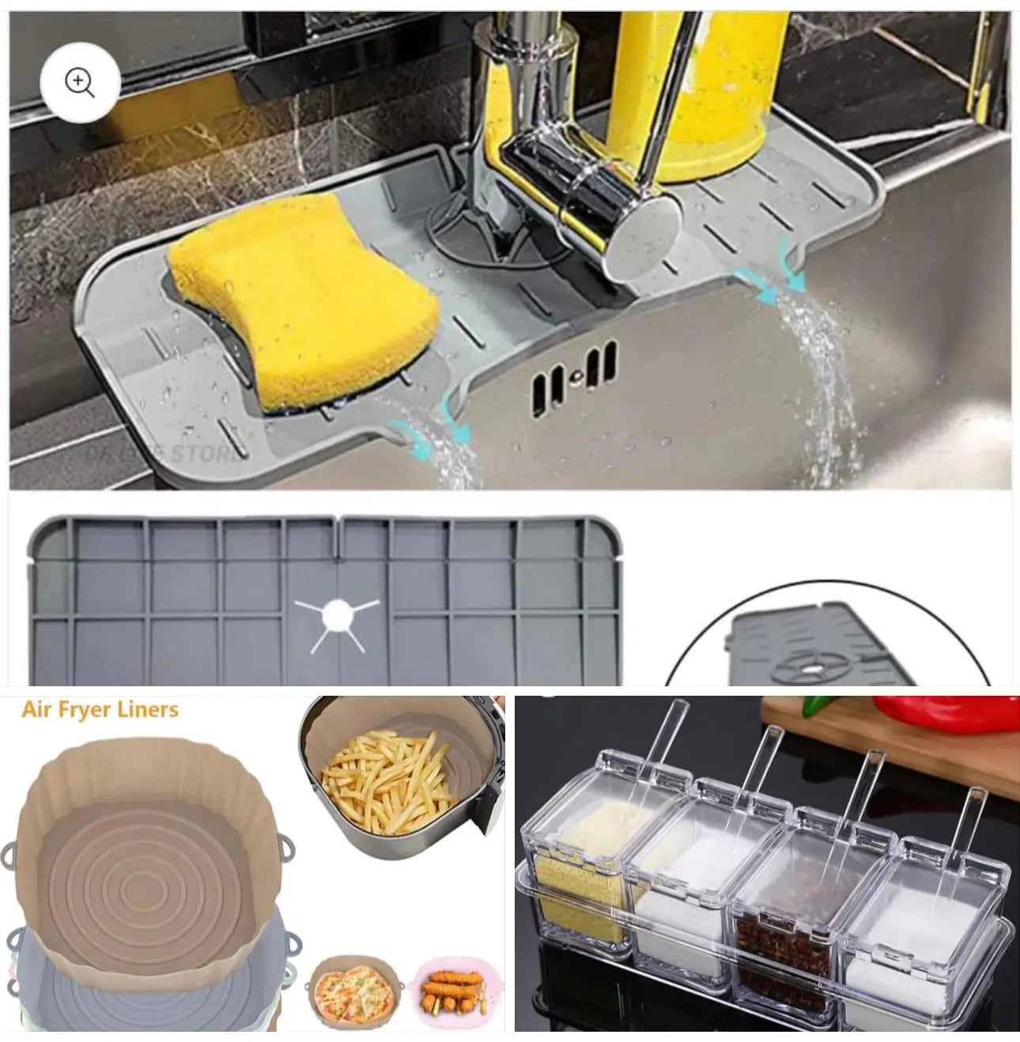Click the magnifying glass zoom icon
tap(80, 82)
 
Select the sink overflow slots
tap(574, 378)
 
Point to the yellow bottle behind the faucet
tap(696, 87)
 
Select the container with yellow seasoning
tap(581, 870)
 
